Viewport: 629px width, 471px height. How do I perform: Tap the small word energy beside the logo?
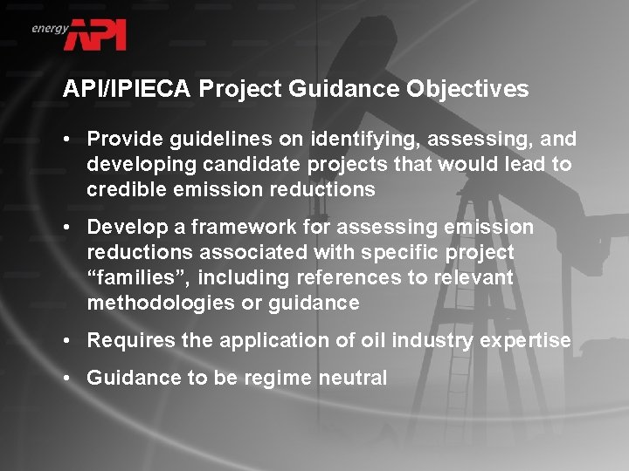pos(50,29)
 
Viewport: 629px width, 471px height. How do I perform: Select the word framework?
pos(233,228)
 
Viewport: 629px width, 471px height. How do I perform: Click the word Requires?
pos(126,341)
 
